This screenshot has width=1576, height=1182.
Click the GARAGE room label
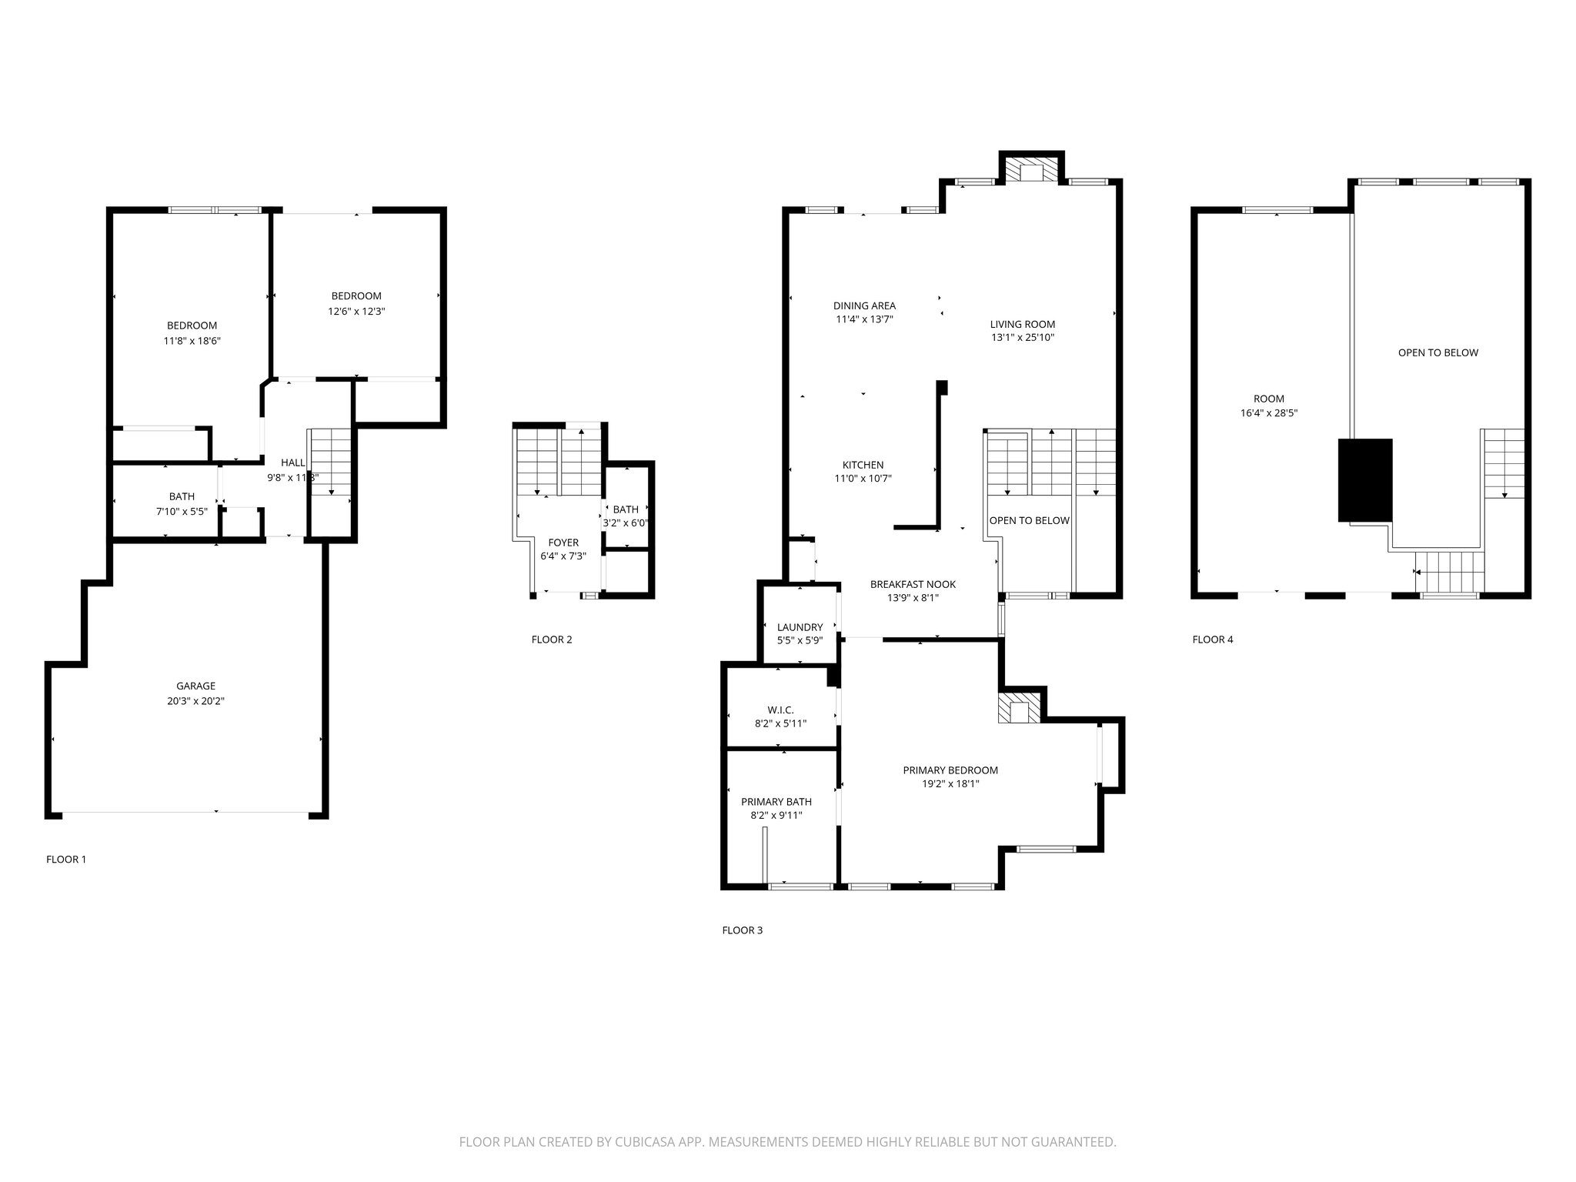(x=195, y=686)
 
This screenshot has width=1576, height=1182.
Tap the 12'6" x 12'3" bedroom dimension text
(x=356, y=312)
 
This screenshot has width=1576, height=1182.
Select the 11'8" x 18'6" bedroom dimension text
(x=192, y=341)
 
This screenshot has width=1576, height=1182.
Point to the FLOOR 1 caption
(x=66, y=859)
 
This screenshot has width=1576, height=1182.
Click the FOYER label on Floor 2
(x=563, y=543)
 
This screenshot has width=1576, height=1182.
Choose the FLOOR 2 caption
(x=552, y=639)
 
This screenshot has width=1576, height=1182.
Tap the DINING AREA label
(x=864, y=306)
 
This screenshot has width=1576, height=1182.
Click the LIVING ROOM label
(x=1022, y=324)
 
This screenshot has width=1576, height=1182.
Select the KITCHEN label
(x=863, y=465)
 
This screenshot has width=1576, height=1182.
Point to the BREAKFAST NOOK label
(x=913, y=584)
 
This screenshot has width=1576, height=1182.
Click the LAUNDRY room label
(x=800, y=627)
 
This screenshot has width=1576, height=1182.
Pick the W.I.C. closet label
(x=780, y=710)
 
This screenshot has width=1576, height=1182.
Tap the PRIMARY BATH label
(x=776, y=802)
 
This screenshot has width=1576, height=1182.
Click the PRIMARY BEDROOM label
(x=950, y=770)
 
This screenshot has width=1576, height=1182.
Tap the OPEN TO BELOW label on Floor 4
(x=1437, y=352)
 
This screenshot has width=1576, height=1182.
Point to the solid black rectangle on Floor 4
(x=1365, y=480)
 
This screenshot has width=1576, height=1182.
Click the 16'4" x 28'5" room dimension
(x=1268, y=412)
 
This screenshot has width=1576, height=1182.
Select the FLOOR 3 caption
(x=742, y=930)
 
